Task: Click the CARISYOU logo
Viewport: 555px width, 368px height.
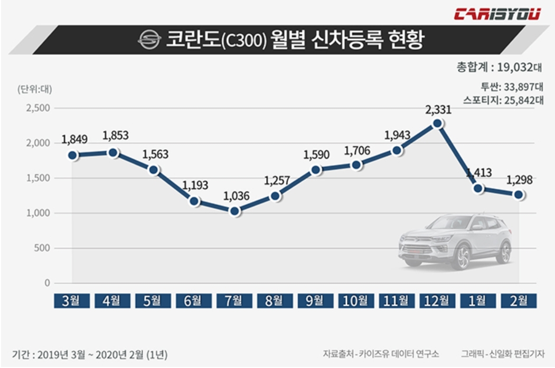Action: (x=497, y=14)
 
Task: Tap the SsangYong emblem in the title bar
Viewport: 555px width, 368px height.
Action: (x=149, y=40)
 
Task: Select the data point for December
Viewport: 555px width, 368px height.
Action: (x=437, y=123)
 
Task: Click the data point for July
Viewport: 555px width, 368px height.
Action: (x=234, y=211)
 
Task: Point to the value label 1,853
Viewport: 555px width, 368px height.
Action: (x=116, y=135)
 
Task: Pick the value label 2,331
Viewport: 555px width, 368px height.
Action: (x=438, y=110)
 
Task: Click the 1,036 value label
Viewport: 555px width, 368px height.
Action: (x=236, y=196)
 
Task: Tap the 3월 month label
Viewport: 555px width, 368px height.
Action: (x=71, y=301)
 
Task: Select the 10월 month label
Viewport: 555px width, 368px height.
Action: (x=356, y=301)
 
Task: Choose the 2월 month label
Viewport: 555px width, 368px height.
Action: (x=519, y=301)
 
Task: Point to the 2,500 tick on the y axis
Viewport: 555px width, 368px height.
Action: (x=38, y=108)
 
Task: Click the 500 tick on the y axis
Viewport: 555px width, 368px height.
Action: (x=42, y=248)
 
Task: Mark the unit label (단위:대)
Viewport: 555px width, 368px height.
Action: (x=35, y=89)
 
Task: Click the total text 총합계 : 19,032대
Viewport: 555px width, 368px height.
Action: (x=499, y=67)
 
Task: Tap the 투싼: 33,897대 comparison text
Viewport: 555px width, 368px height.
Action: (x=512, y=86)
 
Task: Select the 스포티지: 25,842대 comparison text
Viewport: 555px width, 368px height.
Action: (x=503, y=100)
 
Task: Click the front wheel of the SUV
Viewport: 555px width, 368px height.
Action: (x=460, y=256)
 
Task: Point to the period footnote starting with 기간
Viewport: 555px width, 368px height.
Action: (x=90, y=354)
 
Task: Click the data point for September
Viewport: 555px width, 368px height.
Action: (x=316, y=170)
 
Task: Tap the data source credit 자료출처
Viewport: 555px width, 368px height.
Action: (x=381, y=354)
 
